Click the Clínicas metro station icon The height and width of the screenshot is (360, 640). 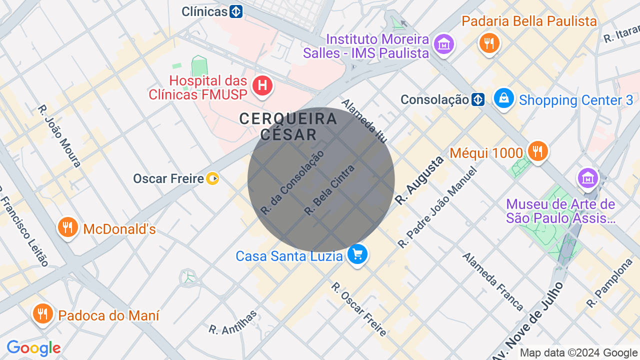click(236, 11)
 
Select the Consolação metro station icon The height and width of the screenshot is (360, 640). click(478, 100)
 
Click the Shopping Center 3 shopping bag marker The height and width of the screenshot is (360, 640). click(504, 98)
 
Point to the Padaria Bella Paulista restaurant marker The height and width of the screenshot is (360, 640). click(489, 43)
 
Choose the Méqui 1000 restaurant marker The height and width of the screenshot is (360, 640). click(537, 151)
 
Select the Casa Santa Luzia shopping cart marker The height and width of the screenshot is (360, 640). click(357, 254)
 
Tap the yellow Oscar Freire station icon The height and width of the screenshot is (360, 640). click(213, 178)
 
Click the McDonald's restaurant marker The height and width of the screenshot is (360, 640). click(67, 227)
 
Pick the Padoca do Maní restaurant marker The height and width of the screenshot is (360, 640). click(43, 314)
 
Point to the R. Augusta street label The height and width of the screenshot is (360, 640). click(419, 180)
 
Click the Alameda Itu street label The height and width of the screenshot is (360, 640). click(364, 120)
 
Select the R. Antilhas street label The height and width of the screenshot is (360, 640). click(233, 322)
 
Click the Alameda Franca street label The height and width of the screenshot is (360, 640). click(492, 281)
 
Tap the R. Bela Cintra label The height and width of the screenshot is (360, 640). click(329, 190)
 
